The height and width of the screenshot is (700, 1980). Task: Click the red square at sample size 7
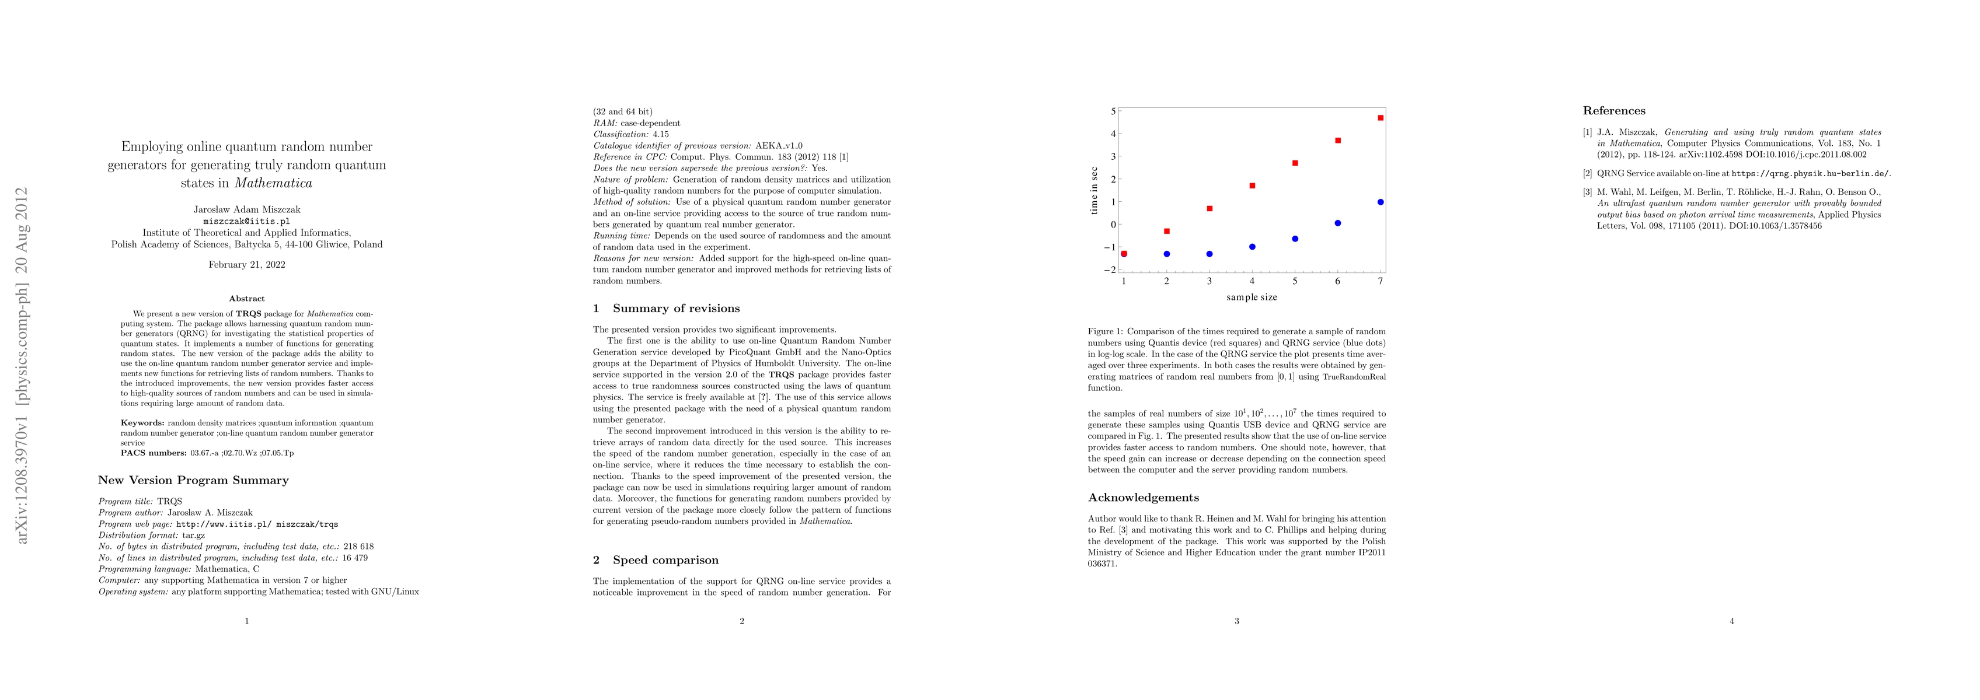tap(1381, 118)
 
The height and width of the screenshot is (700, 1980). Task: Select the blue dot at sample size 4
tap(1252, 247)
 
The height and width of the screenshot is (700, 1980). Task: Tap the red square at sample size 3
tap(1210, 208)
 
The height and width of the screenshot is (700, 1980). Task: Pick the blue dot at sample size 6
tap(1337, 223)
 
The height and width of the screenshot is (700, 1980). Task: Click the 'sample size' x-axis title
tap(1252, 297)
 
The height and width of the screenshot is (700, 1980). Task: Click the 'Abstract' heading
tap(247, 298)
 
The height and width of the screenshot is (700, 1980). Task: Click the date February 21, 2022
tap(247, 265)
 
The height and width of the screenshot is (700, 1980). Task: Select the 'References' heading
tap(1614, 111)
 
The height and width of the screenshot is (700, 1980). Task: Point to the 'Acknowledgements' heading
tap(1144, 497)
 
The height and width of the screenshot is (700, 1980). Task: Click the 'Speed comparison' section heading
tap(665, 560)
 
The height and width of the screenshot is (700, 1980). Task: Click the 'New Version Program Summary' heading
tap(193, 480)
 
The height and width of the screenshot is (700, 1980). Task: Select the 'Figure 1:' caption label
tap(1106, 332)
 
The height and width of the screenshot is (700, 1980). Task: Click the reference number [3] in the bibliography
tap(1587, 192)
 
